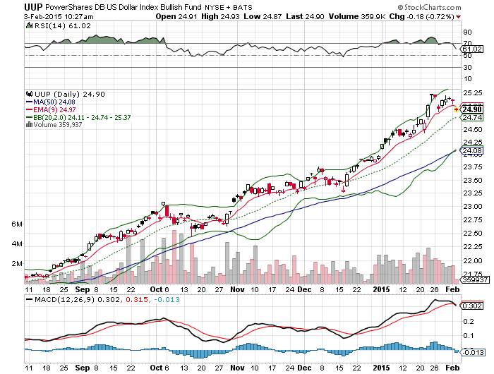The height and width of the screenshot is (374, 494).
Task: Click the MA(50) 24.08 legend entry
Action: (52, 102)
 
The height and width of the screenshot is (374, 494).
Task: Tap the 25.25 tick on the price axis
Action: (472, 92)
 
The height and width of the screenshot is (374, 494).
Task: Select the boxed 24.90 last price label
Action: (472, 109)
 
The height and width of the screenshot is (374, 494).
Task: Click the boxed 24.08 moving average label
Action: (472, 150)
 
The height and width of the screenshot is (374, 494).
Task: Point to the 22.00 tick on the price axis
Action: (472, 260)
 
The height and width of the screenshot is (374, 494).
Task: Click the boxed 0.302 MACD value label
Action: (472, 306)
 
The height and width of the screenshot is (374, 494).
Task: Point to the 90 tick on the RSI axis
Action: (467, 32)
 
